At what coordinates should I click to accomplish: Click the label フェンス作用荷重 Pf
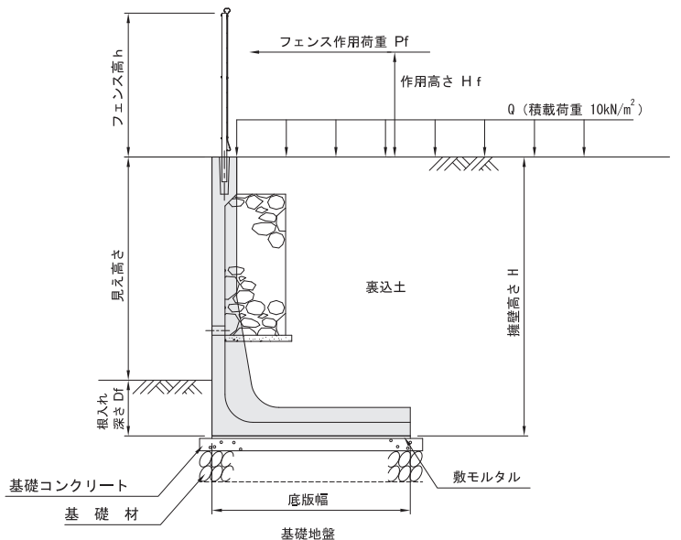click(x=344, y=42)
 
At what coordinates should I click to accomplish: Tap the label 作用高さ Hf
click(x=440, y=81)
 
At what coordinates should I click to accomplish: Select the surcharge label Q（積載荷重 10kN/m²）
click(x=575, y=109)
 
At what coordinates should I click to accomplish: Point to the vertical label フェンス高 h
click(x=118, y=87)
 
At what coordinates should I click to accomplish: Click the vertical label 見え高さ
click(x=118, y=275)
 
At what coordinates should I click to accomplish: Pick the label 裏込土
click(x=385, y=286)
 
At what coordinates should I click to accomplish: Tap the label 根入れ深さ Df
click(x=111, y=408)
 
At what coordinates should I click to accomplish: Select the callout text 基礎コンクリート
click(x=68, y=486)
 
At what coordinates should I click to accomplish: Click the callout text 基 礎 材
click(x=102, y=514)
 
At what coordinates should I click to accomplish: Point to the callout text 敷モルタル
click(x=486, y=477)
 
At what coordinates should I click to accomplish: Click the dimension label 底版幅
click(x=308, y=500)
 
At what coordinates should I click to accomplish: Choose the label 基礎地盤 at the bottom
click(x=308, y=533)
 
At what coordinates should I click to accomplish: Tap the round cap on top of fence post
click(x=227, y=10)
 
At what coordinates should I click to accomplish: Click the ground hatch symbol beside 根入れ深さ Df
click(x=167, y=386)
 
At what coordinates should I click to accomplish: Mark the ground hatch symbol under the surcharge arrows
click(x=464, y=163)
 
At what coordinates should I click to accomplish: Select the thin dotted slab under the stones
click(x=258, y=339)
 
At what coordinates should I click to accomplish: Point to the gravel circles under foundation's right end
click(x=405, y=465)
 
